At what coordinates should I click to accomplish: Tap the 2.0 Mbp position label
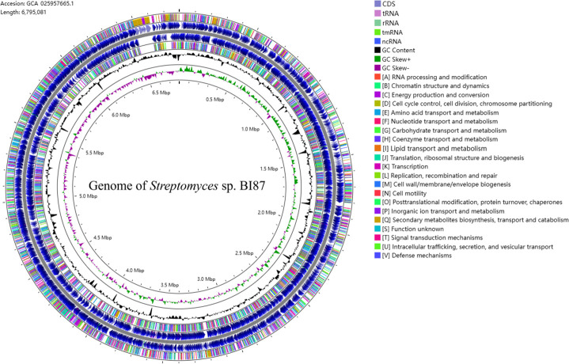point(271,213)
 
